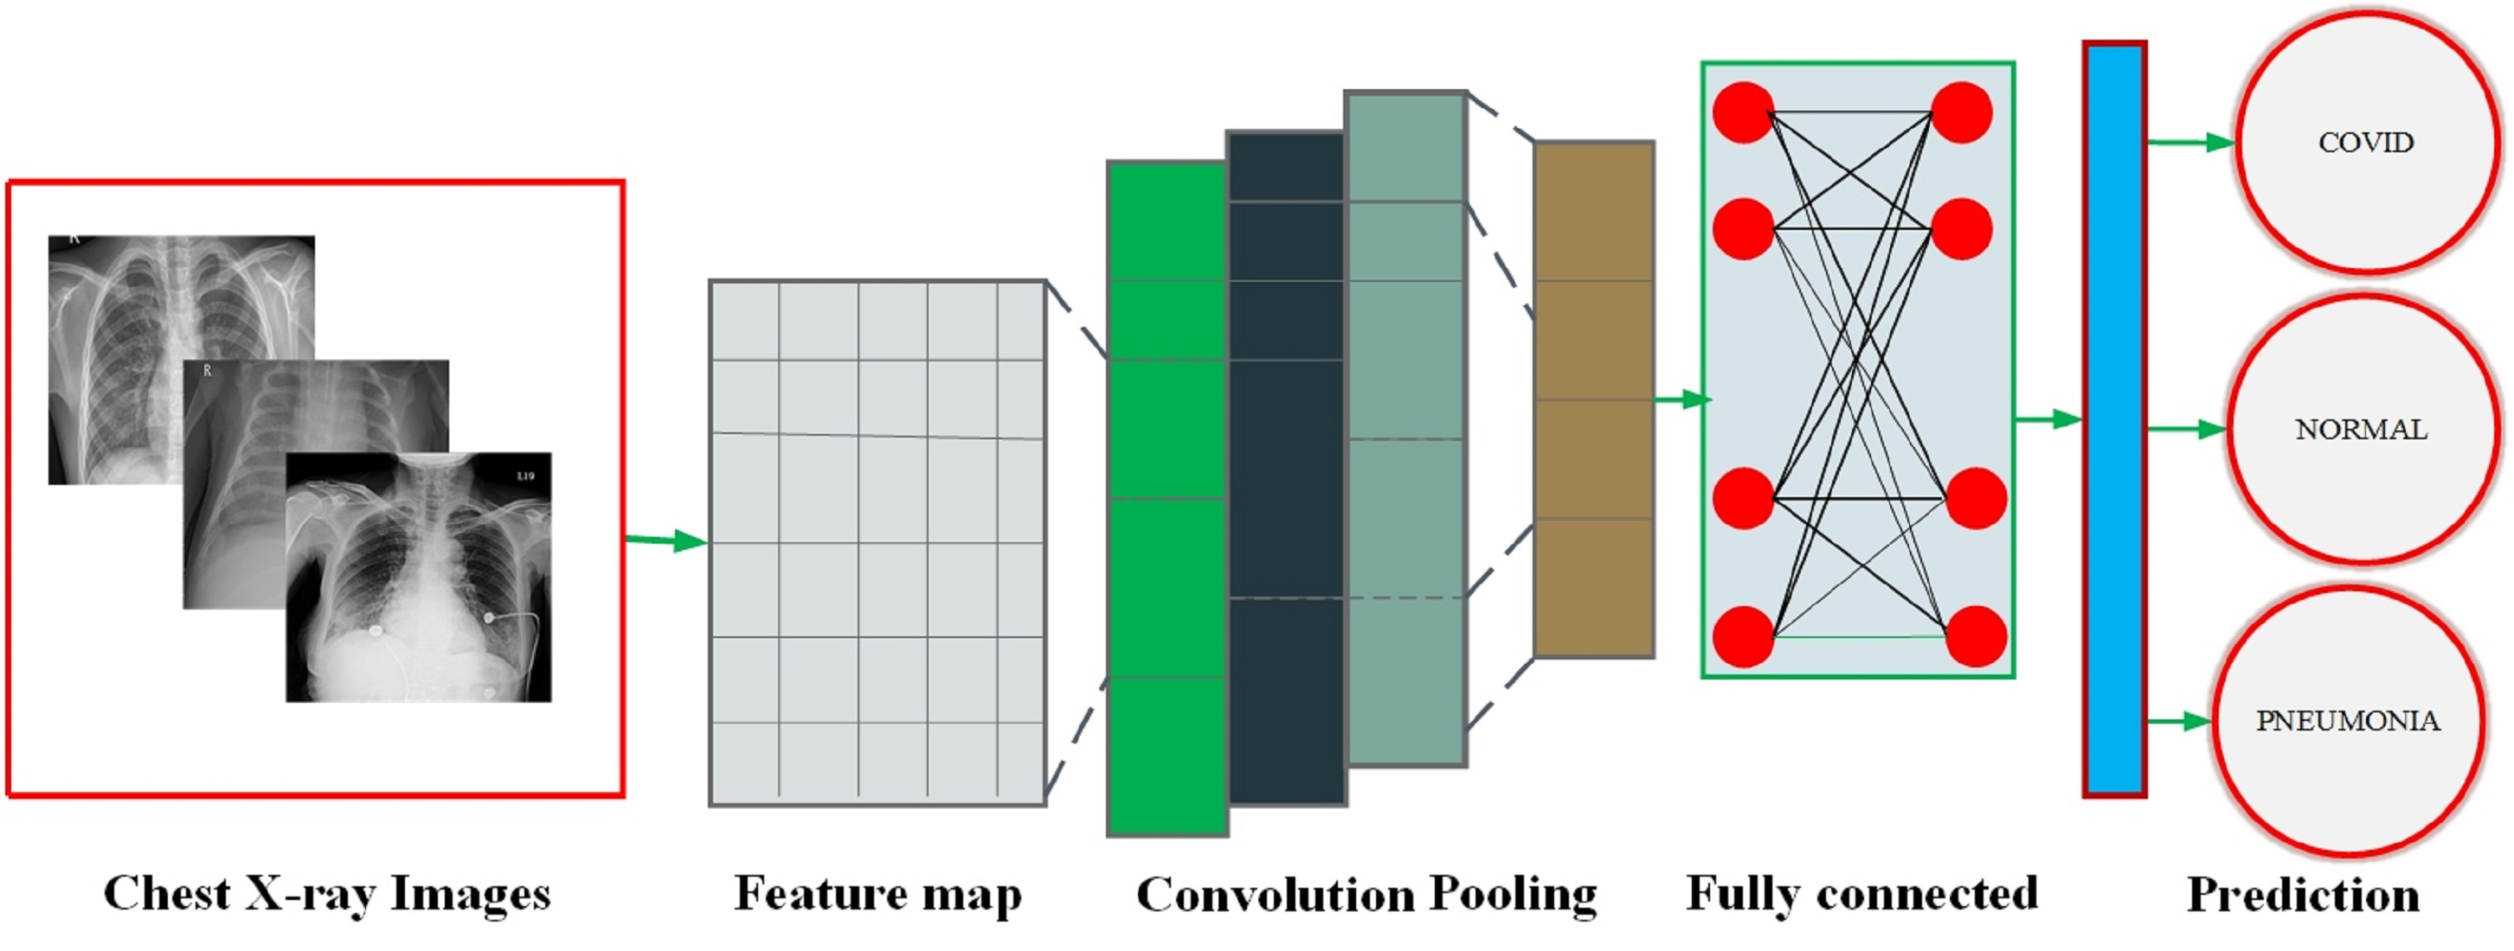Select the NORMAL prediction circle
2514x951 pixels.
(x=2361, y=429)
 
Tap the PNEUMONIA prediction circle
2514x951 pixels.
(x=2347, y=721)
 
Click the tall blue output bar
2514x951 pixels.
(x=2114, y=419)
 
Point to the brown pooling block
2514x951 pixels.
(x=1594, y=400)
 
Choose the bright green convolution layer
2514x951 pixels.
(x=1167, y=497)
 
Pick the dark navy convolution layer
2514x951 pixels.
(x=1285, y=469)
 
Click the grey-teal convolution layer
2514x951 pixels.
(x=1405, y=429)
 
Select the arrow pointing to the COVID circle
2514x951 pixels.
(x=2191, y=144)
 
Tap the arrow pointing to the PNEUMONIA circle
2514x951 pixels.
(x=2179, y=721)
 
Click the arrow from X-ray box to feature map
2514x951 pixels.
(x=666, y=540)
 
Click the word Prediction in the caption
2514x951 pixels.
(x=2302, y=895)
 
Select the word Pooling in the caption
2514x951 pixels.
(x=1513, y=895)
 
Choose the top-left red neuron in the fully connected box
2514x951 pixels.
(x=1743, y=113)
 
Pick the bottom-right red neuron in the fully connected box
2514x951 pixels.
(x=1975, y=636)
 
